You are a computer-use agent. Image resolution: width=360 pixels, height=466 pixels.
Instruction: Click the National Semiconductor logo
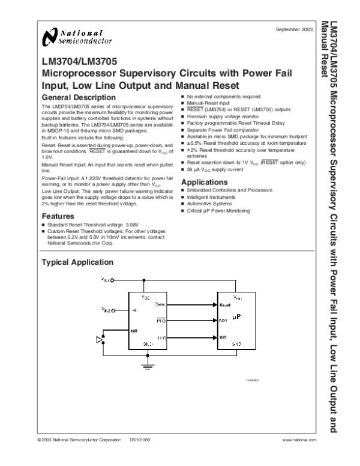[x=77, y=37]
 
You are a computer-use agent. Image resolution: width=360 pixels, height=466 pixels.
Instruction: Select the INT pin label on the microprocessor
[x=223, y=337]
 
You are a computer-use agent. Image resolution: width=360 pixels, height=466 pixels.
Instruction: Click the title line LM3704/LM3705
[x=80, y=61]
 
